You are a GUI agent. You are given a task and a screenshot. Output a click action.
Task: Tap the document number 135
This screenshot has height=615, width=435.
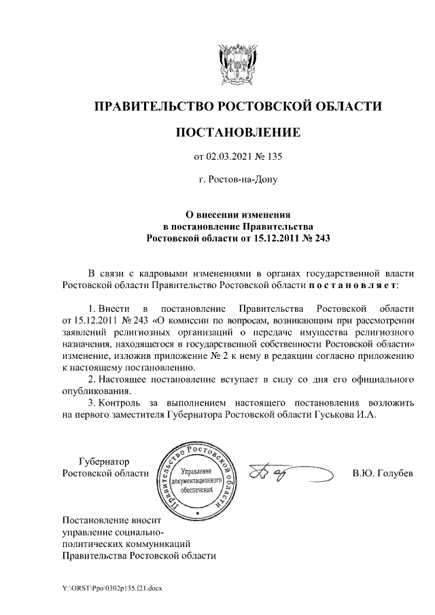pos(272,158)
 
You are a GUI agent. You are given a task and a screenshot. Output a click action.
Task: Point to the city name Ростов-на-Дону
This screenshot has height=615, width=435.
pos(237,181)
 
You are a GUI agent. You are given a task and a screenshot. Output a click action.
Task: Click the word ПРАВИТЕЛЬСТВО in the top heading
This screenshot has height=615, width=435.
pos(152,106)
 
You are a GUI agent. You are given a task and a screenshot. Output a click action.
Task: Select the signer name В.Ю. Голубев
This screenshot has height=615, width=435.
pos(382,473)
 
